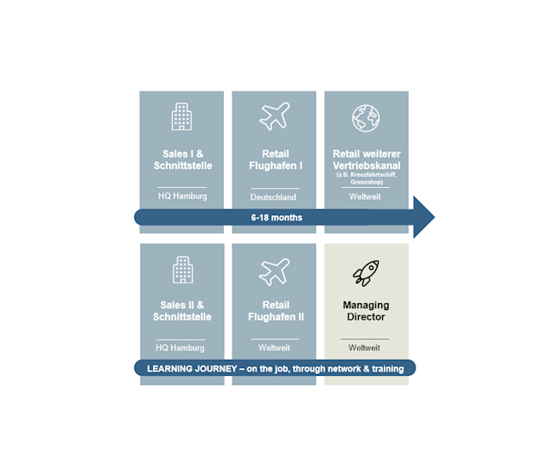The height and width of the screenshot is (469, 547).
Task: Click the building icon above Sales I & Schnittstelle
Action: pyautogui.click(x=182, y=116)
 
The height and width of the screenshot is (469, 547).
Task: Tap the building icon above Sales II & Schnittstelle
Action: pyautogui.click(x=183, y=270)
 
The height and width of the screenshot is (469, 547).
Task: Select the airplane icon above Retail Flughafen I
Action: pyautogui.click(x=274, y=116)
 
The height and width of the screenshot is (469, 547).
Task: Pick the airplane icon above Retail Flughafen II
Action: pyautogui.click(x=274, y=272)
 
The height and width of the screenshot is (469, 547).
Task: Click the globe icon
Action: pyautogui.click(x=366, y=118)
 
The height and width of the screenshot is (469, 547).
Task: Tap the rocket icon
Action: pyautogui.click(x=366, y=273)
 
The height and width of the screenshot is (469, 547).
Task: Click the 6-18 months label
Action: pyautogui.click(x=277, y=218)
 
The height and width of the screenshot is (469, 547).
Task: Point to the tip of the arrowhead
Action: pyautogui.click(x=435, y=217)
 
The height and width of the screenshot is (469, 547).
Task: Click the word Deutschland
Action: pyautogui.click(x=273, y=197)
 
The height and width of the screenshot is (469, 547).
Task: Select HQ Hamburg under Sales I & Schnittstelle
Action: pyautogui.click(x=182, y=196)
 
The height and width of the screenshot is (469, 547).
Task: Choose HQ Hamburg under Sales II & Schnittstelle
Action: pyautogui.click(x=180, y=348)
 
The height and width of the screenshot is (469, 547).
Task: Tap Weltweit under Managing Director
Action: pyautogui.click(x=364, y=348)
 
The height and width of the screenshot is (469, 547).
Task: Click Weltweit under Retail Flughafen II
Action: pyautogui.click(x=274, y=348)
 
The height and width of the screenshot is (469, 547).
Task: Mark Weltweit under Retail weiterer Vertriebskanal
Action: pyautogui.click(x=365, y=196)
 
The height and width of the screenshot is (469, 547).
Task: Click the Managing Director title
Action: pyautogui.click(x=366, y=311)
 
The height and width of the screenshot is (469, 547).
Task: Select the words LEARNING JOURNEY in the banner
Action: pyautogui.click(x=191, y=368)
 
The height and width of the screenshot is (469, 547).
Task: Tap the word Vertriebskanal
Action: pyautogui.click(x=367, y=166)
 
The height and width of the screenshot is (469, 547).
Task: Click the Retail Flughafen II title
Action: pyautogui.click(x=276, y=311)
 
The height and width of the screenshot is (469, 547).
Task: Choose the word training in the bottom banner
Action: pyautogui.click(x=387, y=369)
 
